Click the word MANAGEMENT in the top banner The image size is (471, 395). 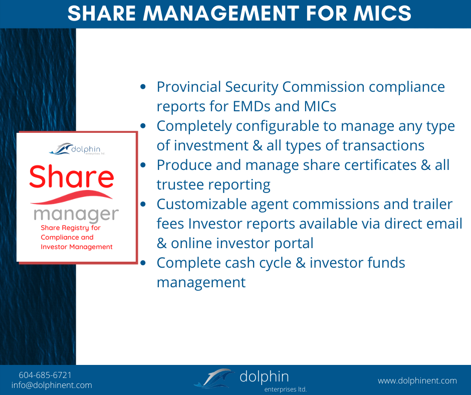(221, 13)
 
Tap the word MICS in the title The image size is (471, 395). (382, 13)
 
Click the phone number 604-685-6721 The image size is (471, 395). (45, 375)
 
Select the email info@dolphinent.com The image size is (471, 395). (52, 385)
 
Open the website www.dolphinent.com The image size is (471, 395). (417, 380)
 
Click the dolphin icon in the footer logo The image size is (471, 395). (214, 378)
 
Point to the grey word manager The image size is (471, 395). (76, 215)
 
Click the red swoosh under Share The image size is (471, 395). (72, 197)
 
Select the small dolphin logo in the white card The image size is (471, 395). (77, 149)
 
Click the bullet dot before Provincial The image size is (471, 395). (143, 87)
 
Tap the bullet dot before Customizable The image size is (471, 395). (143, 204)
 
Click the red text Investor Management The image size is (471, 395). (77, 247)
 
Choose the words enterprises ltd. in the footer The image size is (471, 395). (286, 389)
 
